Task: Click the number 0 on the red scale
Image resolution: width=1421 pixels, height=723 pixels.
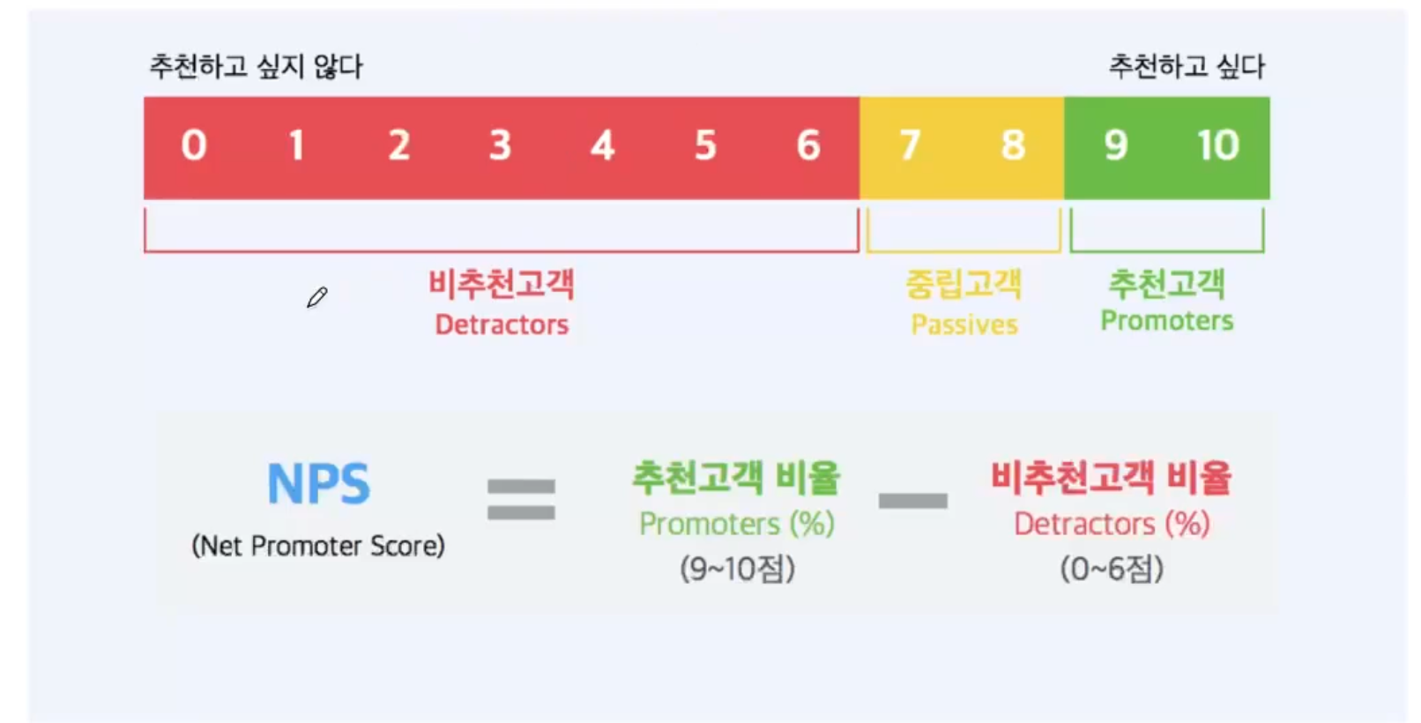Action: (194, 145)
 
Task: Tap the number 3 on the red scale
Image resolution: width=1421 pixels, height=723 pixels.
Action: (500, 145)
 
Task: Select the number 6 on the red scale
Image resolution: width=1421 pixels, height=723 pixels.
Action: (807, 145)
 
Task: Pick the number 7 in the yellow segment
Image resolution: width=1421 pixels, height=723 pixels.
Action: (910, 145)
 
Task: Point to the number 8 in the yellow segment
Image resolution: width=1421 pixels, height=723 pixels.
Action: (1013, 145)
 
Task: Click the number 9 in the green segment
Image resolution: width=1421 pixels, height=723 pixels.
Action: (1115, 145)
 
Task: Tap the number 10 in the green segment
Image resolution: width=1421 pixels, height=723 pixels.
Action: (1217, 145)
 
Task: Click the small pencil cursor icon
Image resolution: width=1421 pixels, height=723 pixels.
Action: (316, 298)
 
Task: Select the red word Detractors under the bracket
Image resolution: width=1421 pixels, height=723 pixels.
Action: (502, 324)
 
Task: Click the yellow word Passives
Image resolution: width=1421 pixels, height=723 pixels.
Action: (963, 324)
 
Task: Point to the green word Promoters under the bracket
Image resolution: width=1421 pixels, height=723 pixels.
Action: (1166, 321)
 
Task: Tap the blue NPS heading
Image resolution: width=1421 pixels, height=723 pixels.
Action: (318, 484)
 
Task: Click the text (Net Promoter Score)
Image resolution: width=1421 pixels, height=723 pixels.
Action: (318, 546)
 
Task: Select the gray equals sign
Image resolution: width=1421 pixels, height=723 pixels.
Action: (521, 499)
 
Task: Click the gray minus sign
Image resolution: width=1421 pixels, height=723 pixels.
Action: (912, 501)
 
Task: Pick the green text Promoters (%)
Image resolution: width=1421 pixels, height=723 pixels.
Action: (736, 524)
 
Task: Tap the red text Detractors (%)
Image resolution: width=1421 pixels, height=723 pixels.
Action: (1111, 524)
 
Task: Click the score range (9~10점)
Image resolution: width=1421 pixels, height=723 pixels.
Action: (737, 569)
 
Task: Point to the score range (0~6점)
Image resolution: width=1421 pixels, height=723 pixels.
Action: (1111, 569)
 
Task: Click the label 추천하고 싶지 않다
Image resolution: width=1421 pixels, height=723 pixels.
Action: (256, 66)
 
